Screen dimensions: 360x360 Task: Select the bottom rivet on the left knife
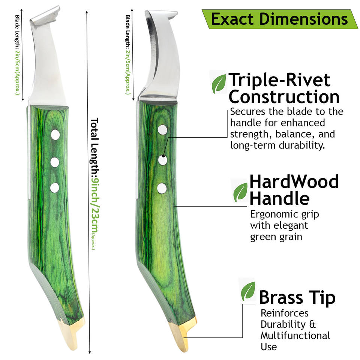(55, 187)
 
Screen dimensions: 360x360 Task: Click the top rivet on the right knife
(162, 130)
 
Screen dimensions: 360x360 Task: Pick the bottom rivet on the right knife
(162, 188)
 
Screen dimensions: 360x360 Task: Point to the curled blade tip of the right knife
(161, 16)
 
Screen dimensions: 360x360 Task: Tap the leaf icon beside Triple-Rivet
(219, 83)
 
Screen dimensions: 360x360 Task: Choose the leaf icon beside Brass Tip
(248, 291)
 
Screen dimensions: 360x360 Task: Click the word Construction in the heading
(284, 97)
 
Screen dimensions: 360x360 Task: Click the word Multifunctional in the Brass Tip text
(295, 335)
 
